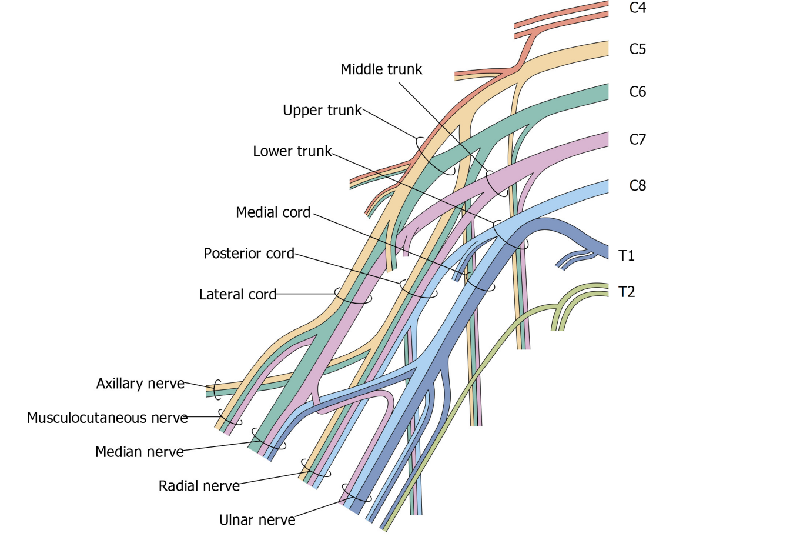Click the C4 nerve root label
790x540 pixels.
637,8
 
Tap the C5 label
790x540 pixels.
637,49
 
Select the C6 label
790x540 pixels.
637,92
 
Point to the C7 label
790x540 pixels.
637,139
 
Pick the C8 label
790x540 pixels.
637,186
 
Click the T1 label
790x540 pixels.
627,256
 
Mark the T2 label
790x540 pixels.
627,292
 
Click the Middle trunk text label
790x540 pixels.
381,69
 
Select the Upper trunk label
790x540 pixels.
322,111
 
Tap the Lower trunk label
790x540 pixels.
292,152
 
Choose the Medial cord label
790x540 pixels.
273,212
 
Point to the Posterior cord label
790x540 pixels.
249,254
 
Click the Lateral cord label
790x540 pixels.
237,294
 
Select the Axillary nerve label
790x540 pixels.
140,384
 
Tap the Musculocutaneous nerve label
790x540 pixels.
107,418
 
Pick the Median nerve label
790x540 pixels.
139,452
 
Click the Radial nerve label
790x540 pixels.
199,486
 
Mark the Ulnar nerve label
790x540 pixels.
257,521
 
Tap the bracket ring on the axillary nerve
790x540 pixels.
217,388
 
